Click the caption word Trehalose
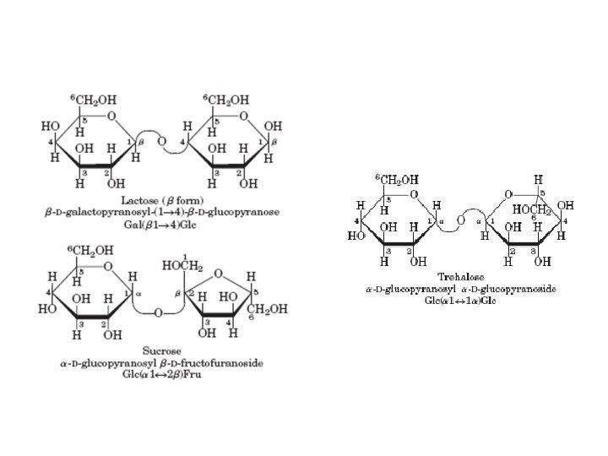coord(461,277)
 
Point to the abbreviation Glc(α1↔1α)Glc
coord(461,300)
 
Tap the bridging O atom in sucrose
coord(159,312)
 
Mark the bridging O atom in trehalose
coord(461,221)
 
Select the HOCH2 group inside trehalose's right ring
coord(532,209)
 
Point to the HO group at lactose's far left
coord(52,126)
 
